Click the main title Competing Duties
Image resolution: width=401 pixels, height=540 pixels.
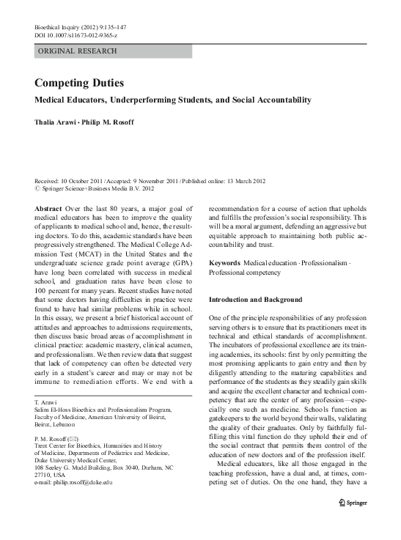(x=80, y=84)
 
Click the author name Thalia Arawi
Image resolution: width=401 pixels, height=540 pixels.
(x=56, y=122)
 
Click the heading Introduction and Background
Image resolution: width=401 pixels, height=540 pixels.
(x=256, y=300)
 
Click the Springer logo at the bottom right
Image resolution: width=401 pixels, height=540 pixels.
(x=351, y=525)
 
